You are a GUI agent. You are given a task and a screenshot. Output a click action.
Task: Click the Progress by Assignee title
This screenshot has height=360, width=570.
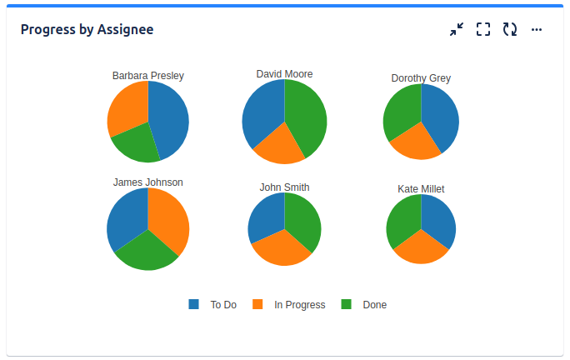click(87, 29)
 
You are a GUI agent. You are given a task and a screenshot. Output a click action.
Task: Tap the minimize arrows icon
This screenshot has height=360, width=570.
click(456, 29)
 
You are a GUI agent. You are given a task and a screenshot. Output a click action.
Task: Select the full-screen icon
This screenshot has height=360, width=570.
click(483, 29)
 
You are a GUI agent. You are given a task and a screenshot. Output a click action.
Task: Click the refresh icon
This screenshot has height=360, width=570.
click(510, 29)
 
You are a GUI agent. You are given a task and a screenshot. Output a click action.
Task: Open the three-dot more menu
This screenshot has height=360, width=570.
click(537, 29)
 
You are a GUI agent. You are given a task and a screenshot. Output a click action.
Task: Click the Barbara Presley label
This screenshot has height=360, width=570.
click(148, 76)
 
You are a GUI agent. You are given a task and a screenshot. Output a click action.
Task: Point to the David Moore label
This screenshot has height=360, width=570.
click(284, 74)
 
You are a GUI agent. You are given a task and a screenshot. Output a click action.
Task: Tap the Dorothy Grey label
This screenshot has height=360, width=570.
click(421, 78)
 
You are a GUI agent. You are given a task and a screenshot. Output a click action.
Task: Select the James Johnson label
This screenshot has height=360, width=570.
click(148, 182)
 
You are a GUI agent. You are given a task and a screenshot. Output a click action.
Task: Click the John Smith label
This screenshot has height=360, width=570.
click(284, 187)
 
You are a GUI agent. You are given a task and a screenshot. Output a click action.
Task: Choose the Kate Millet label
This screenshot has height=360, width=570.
click(421, 189)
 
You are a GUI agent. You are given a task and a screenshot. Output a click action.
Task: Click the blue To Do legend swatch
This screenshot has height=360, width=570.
click(194, 304)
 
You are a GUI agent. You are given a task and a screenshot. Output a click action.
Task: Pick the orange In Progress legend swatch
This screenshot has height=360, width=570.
click(257, 304)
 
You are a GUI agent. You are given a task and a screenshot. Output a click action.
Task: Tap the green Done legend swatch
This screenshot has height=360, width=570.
click(347, 304)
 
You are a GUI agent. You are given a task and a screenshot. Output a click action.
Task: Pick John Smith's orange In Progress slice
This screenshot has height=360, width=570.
click(282, 248)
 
